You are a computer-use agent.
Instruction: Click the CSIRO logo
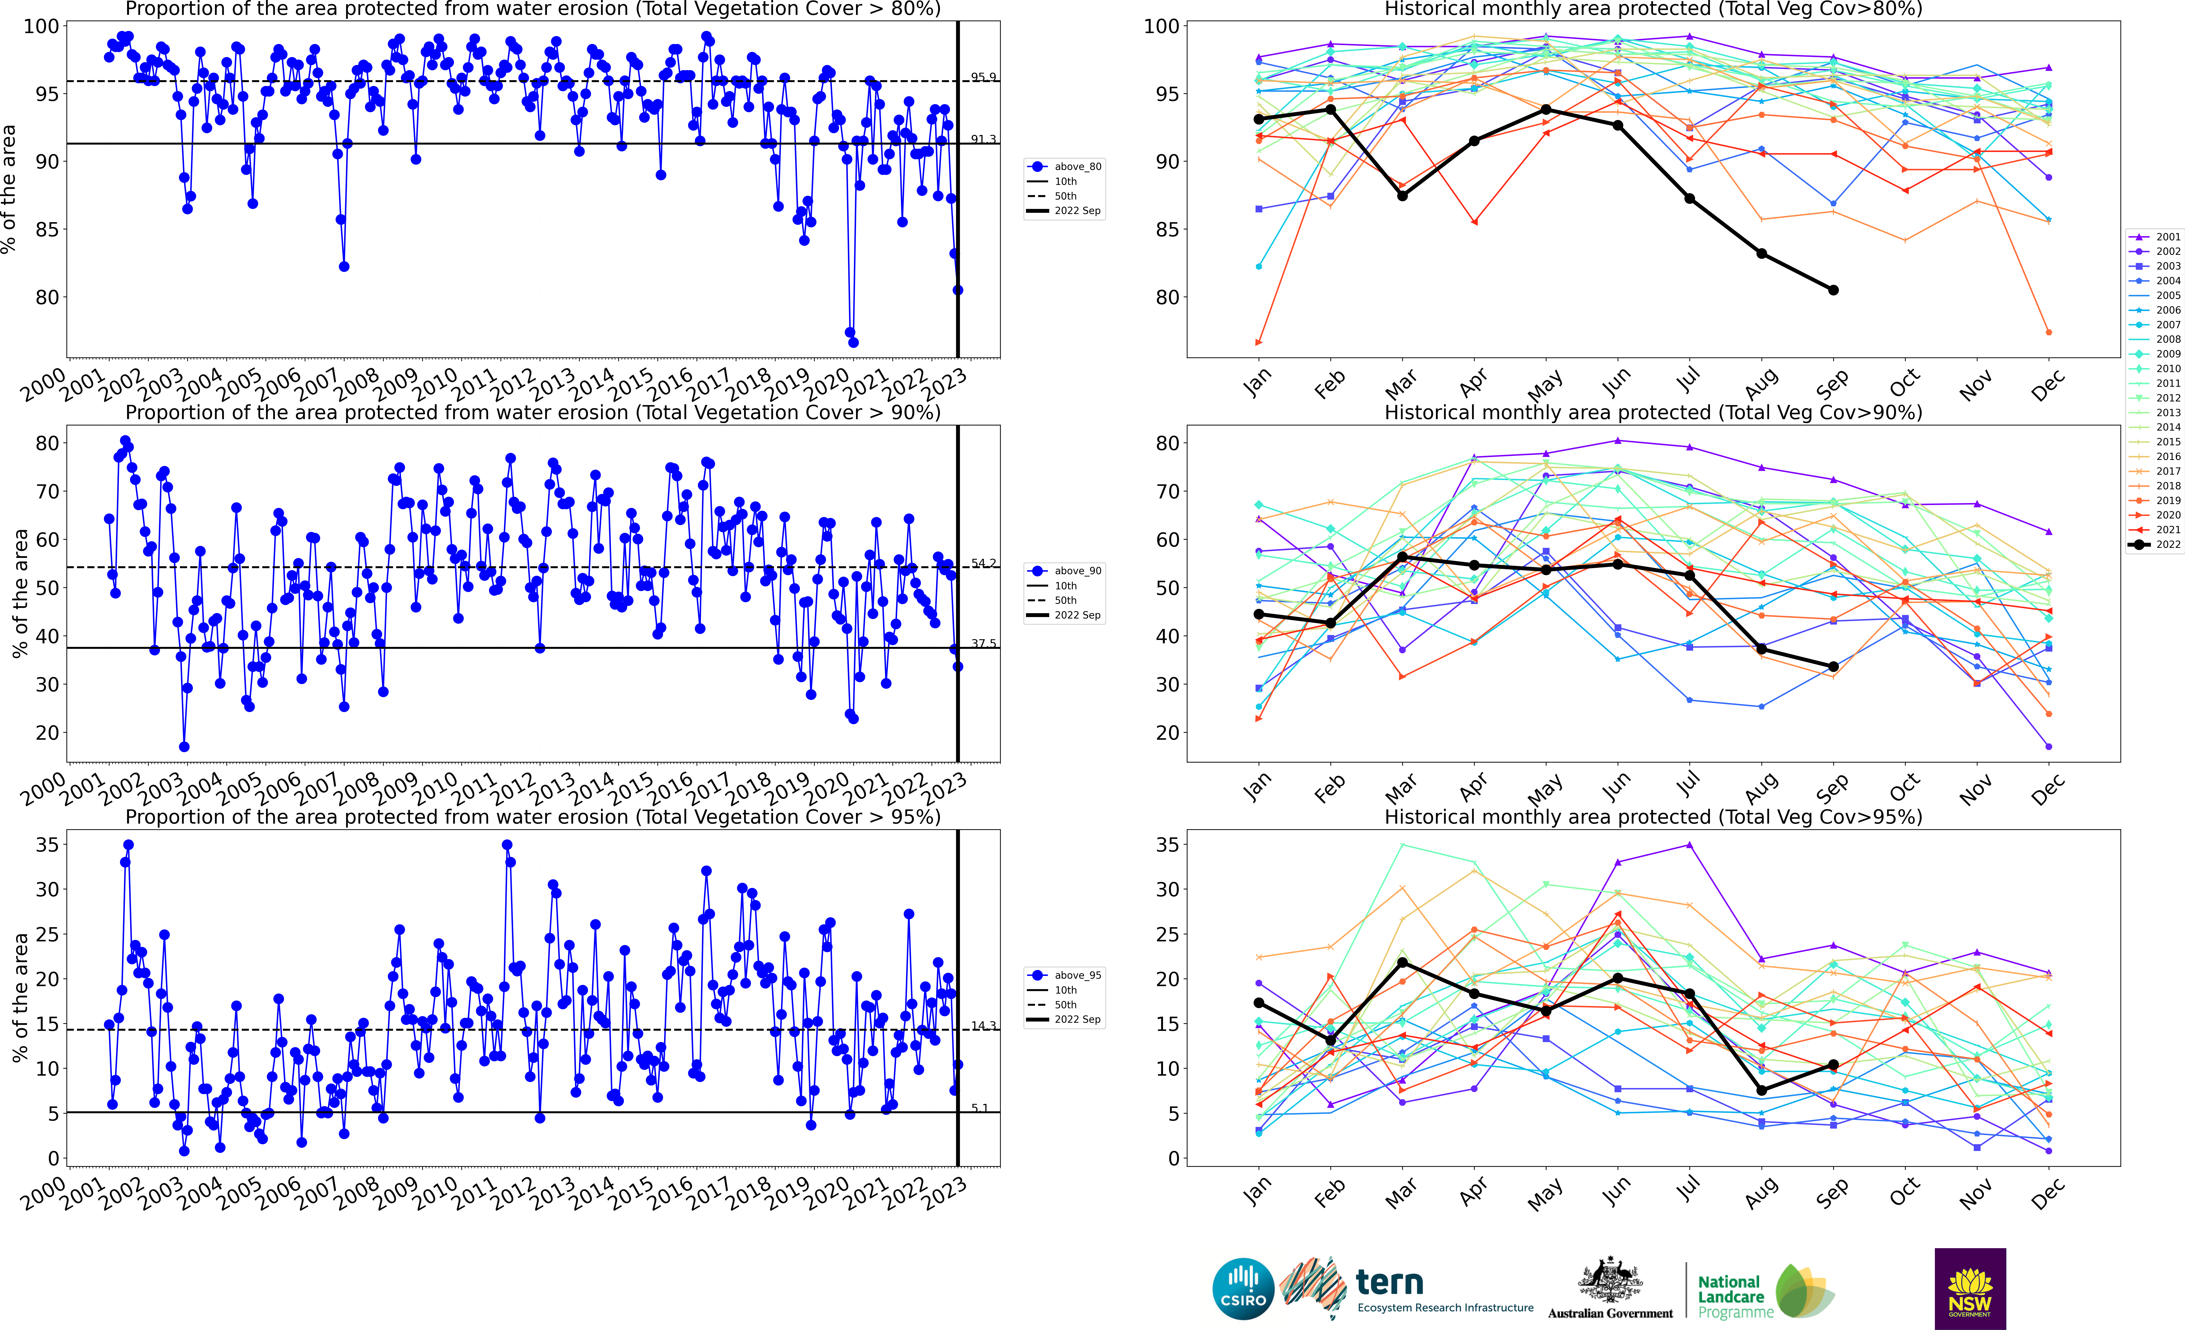click(x=1242, y=1288)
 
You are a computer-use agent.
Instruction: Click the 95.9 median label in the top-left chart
click(x=983, y=77)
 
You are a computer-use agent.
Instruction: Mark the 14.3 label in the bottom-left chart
click(x=983, y=1026)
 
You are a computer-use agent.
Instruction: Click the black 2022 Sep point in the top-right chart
click(x=1833, y=290)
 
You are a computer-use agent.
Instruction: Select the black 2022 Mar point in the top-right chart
click(x=1402, y=196)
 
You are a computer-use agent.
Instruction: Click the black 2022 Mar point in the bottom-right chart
click(x=1402, y=963)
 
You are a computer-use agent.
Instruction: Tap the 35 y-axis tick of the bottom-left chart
click(x=47, y=845)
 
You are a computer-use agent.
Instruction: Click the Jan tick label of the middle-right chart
click(x=1257, y=787)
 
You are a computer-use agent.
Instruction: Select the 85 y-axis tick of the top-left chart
click(x=47, y=230)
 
